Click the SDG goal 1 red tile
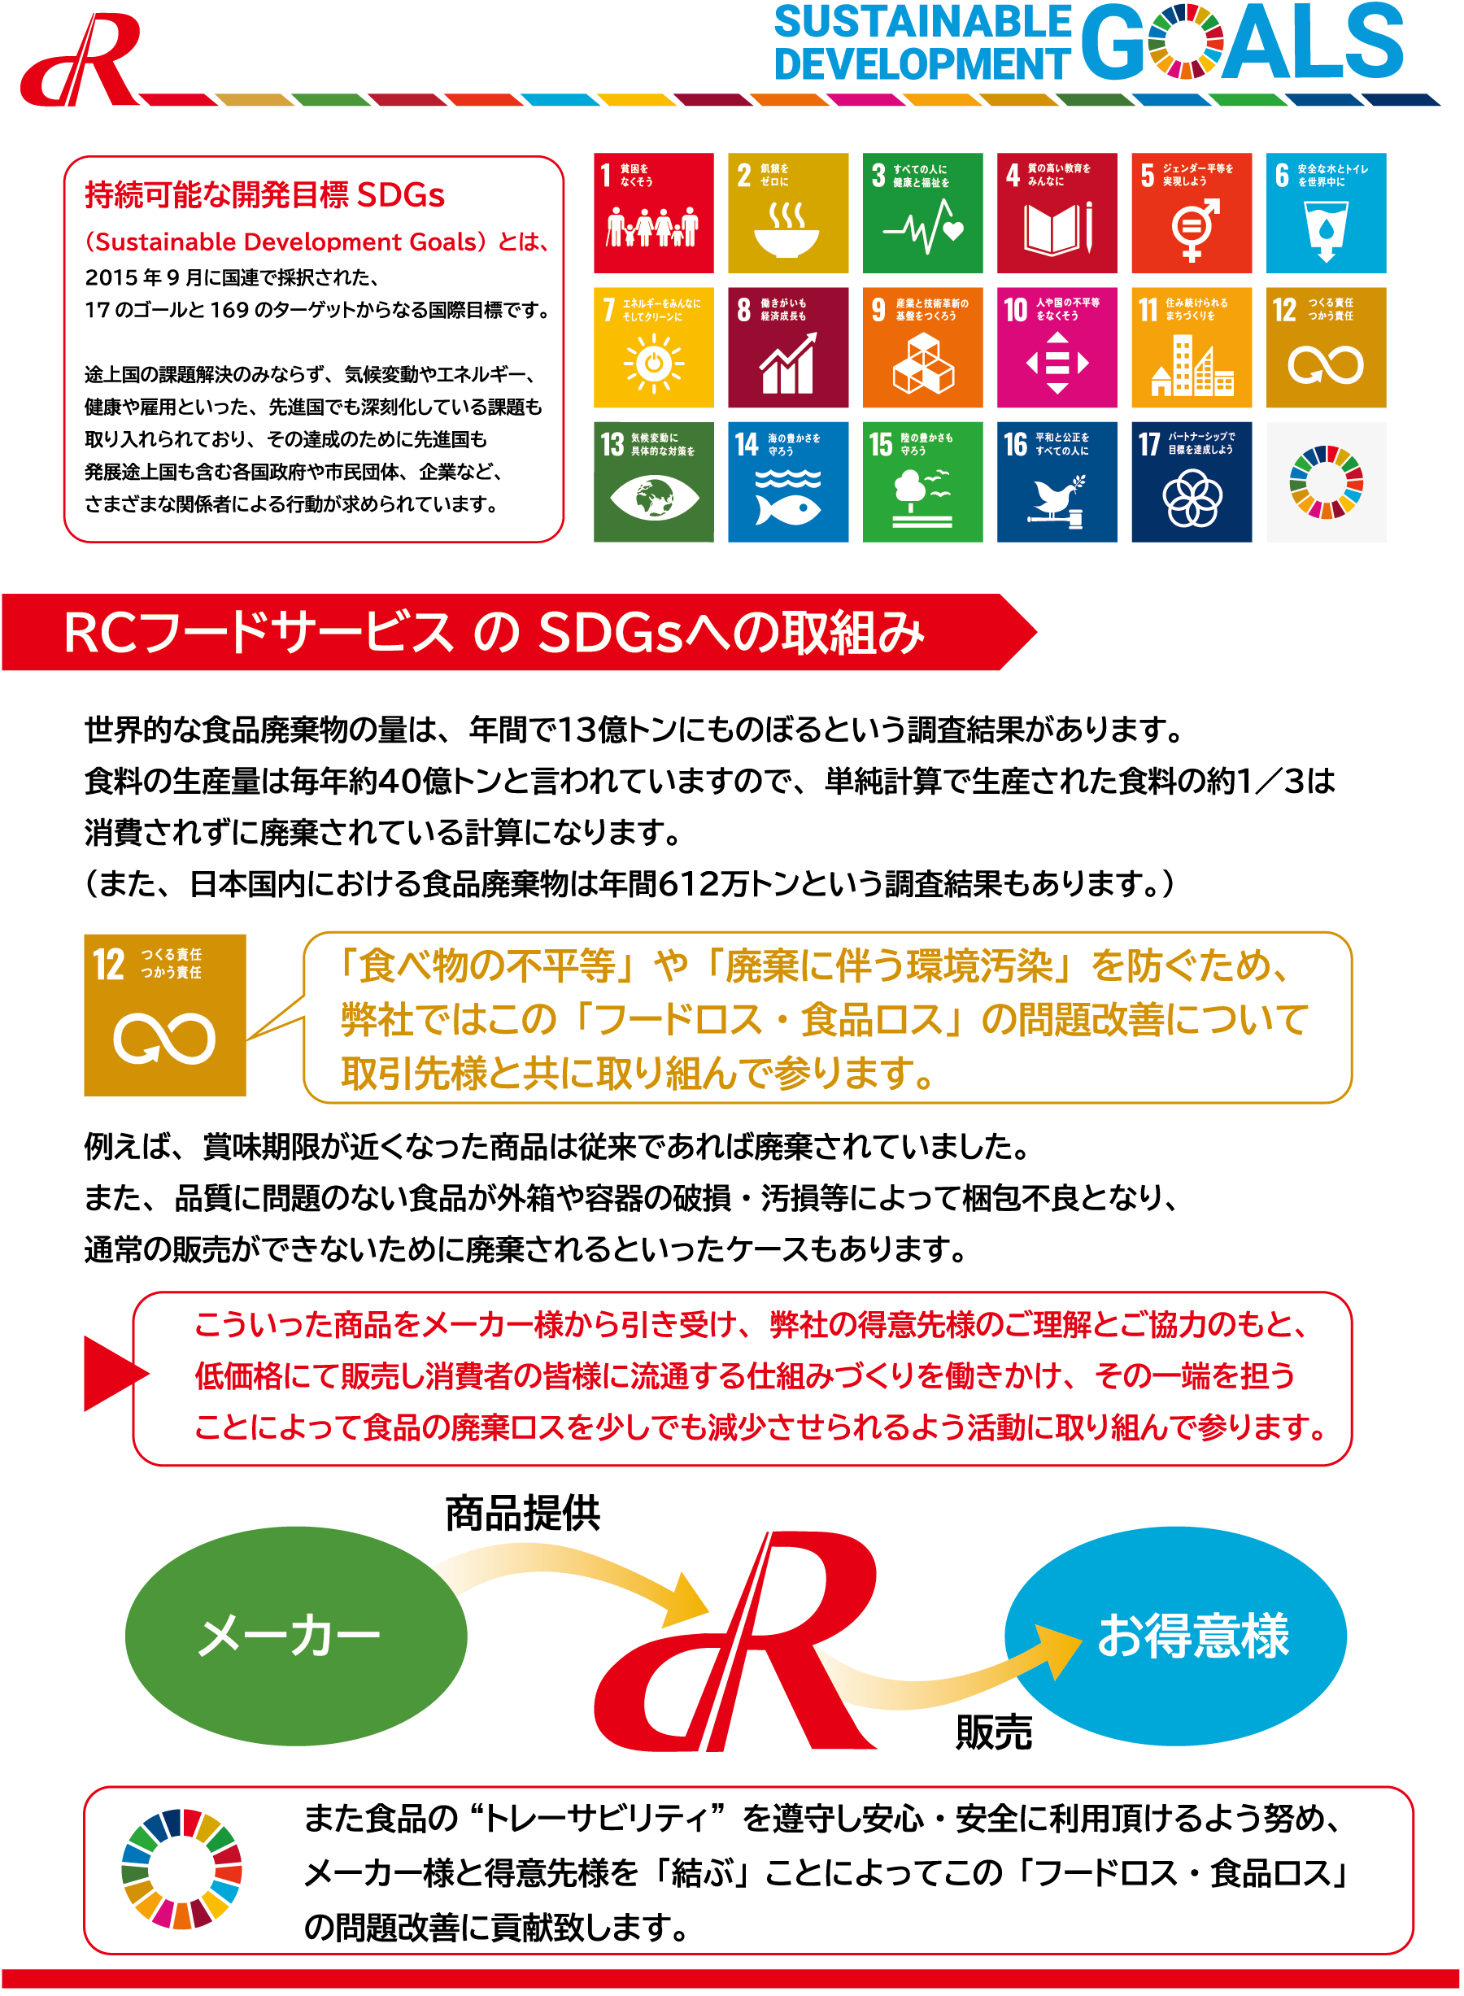[x=654, y=213]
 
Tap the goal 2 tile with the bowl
[x=788, y=213]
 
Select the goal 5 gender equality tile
[x=1191, y=213]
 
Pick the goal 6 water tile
[x=1326, y=213]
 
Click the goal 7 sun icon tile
[x=654, y=347]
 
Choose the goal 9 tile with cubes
[x=922, y=347]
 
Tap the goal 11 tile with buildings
[x=1191, y=347]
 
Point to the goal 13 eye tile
[x=654, y=482]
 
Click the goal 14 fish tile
[x=788, y=482]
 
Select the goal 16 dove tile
[x=1057, y=482]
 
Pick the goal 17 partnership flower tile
[x=1191, y=482]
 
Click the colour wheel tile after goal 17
[x=1326, y=482]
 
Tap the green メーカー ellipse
[x=296, y=1635]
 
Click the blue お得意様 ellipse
[x=1175, y=1635]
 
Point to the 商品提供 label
[x=523, y=1513]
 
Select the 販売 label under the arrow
[x=993, y=1731]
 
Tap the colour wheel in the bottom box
[x=181, y=1868]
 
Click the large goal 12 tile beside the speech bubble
[x=165, y=1015]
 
